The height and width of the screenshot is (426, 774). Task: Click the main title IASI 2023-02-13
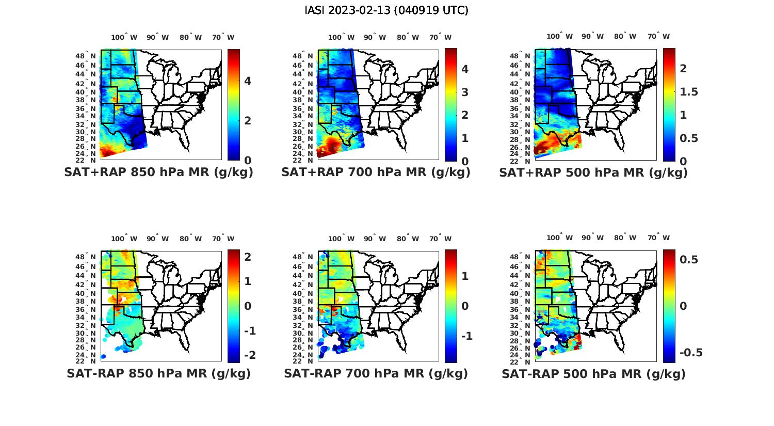[x=386, y=10]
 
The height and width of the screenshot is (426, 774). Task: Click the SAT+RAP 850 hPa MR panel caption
[x=158, y=172]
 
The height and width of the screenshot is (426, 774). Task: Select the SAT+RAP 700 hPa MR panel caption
[x=376, y=172]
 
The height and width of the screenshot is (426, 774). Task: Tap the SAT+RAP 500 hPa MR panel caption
[x=593, y=172]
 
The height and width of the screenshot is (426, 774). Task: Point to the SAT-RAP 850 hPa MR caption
[x=158, y=373]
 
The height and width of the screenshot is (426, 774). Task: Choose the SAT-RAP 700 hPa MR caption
[x=376, y=373]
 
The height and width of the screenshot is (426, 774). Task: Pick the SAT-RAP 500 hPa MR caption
[x=593, y=374]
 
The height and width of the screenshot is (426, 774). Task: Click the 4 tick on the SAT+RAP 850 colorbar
[x=248, y=81]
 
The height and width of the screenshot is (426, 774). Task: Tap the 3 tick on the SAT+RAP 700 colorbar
[x=464, y=92]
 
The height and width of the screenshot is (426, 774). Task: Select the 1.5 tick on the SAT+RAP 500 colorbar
[x=689, y=92]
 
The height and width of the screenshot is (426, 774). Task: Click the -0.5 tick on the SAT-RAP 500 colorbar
[x=690, y=353]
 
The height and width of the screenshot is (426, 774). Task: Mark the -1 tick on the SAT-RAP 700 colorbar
[x=466, y=336]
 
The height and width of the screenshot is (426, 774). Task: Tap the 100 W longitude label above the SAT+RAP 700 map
[x=342, y=37]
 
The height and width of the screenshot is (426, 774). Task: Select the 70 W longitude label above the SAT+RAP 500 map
[x=658, y=37]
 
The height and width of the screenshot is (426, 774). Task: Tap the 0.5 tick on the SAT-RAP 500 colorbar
[x=689, y=260]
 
